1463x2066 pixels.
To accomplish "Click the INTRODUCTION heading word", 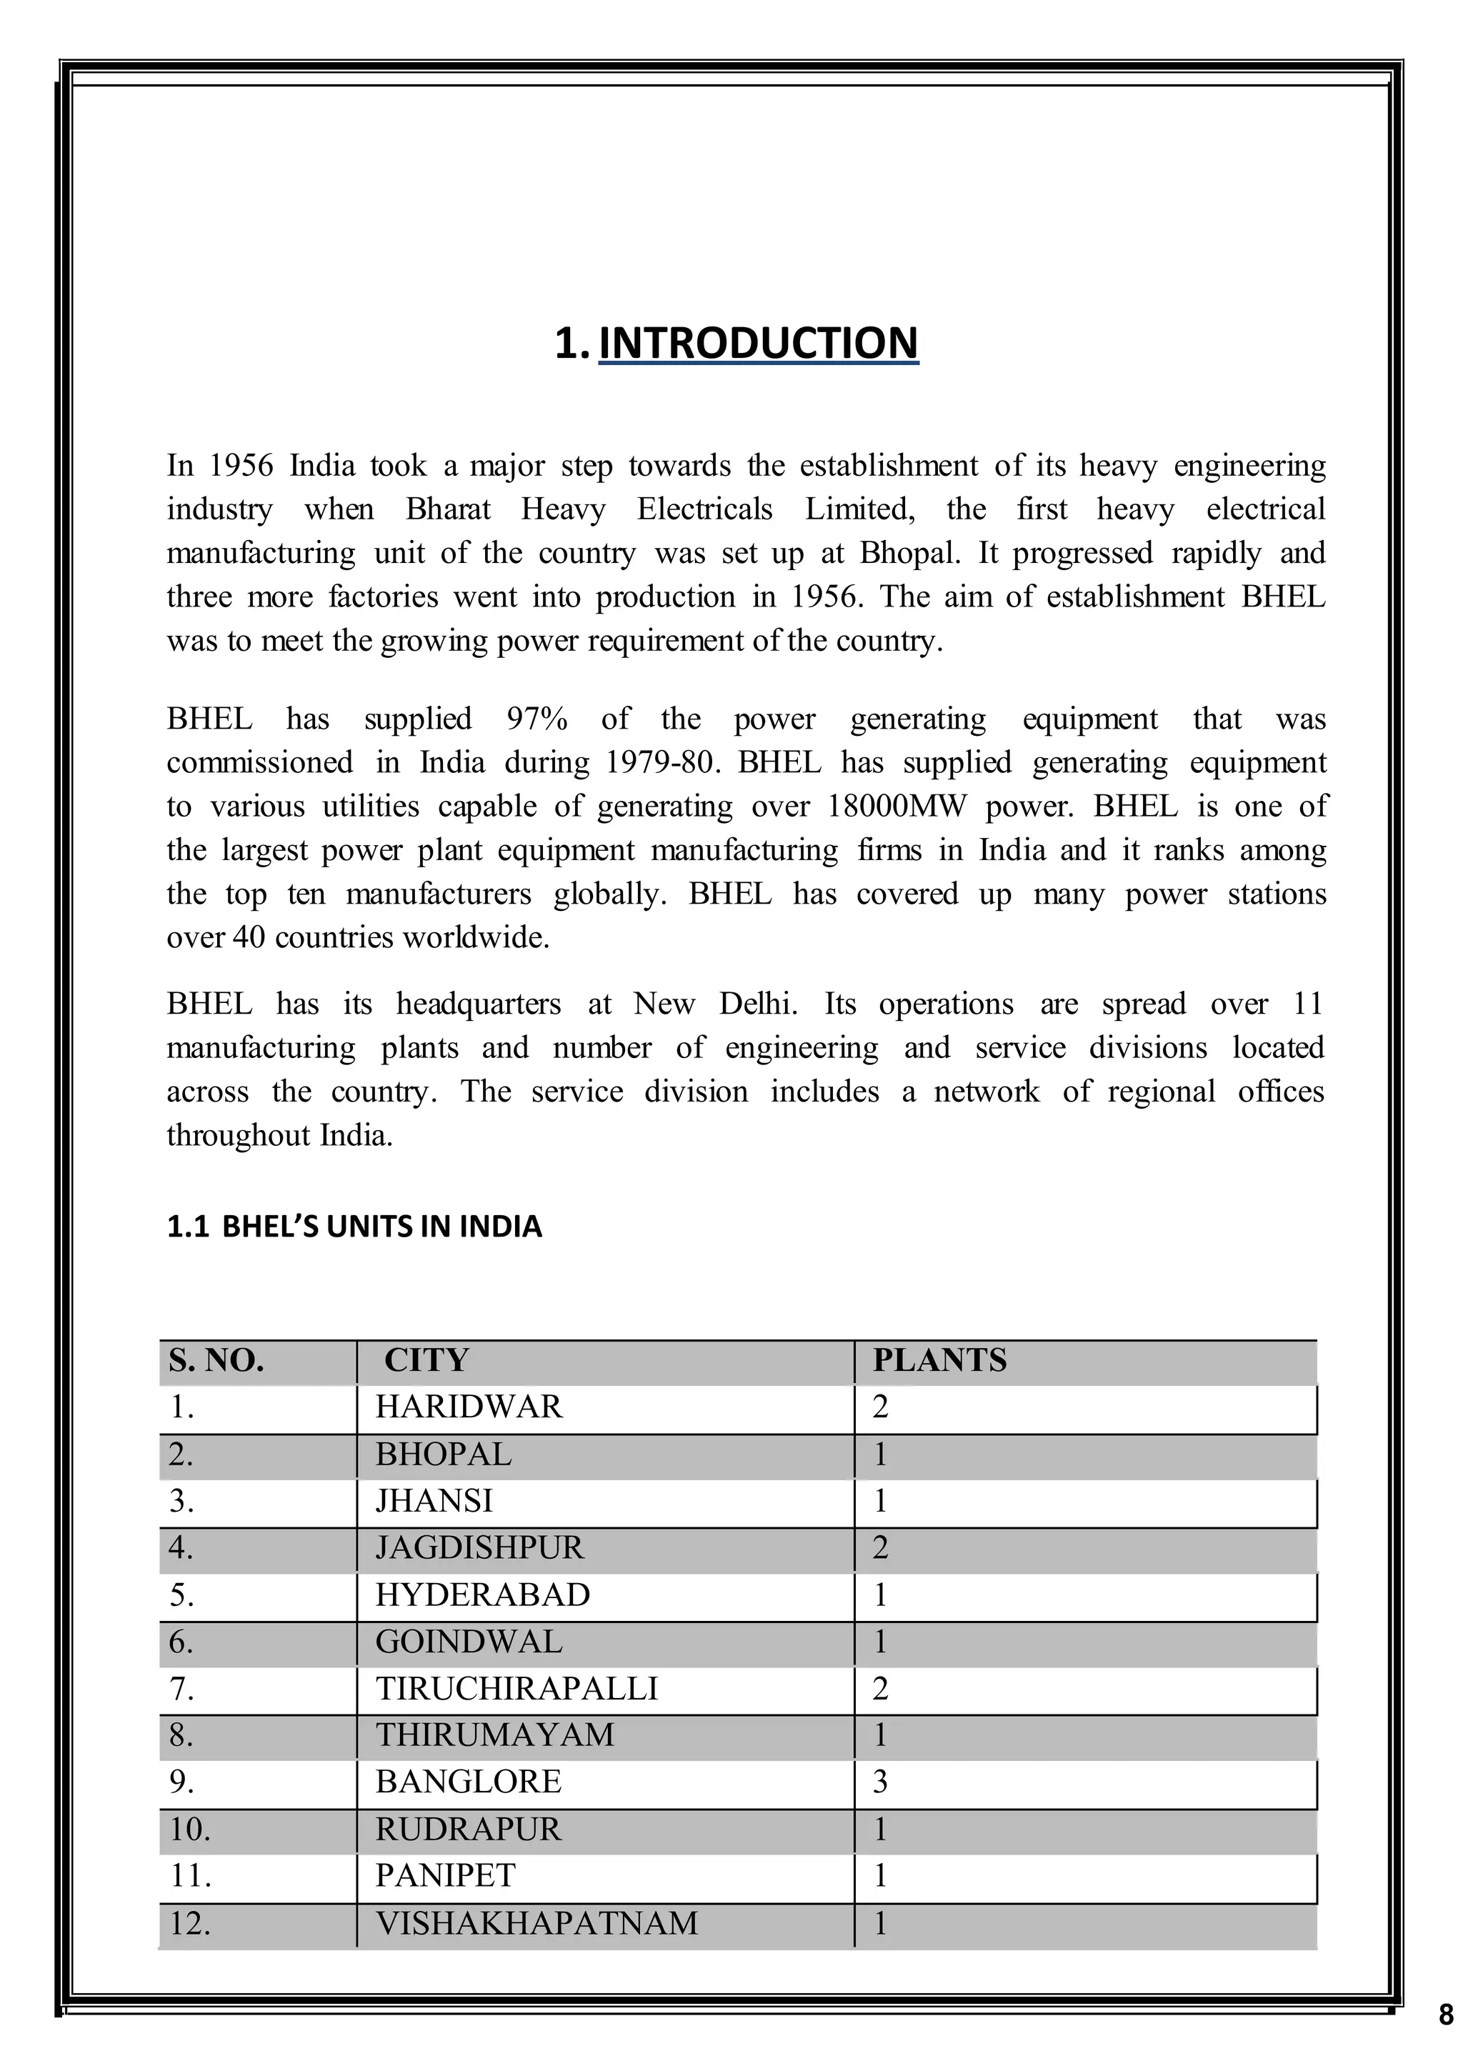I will (x=758, y=344).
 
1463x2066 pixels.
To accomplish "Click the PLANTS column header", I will (x=939, y=1360).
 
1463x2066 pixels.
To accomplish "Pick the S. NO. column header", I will (x=216, y=1360).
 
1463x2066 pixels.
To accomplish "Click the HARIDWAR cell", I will (x=469, y=1407).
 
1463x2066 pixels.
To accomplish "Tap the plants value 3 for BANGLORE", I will (x=880, y=1781).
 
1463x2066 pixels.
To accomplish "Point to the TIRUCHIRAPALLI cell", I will (x=516, y=1687).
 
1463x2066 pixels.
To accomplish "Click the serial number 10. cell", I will (x=190, y=1829).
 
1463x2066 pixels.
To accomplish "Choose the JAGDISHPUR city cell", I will (x=479, y=1547).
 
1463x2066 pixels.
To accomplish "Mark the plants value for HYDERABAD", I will (x=880, y=1595).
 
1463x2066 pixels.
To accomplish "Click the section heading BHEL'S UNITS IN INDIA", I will (x=354, y=1227).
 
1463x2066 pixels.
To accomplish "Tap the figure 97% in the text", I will (x=537, y=719).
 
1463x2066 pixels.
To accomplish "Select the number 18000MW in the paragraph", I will (x=896, y=807).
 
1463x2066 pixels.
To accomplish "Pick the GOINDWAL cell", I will (x=469, y=1642).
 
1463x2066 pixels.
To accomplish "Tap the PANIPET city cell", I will (x=445, y=1876).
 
